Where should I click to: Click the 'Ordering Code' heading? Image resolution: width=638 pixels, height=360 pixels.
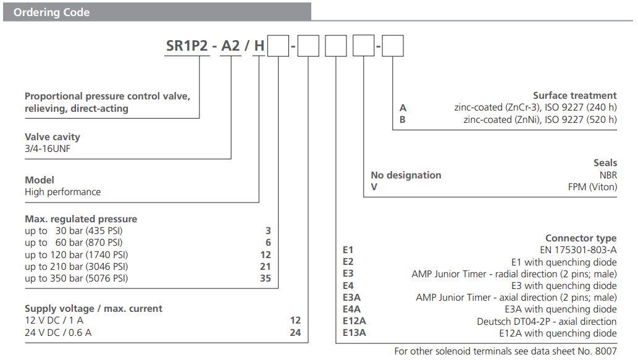click(x=51, y=12)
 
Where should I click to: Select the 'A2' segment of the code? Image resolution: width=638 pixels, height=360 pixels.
click(x=231, y=46)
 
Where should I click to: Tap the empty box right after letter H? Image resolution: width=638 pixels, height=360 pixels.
click(x=279, y=46)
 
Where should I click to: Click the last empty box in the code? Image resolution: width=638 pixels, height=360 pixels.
click(x=393, y=46)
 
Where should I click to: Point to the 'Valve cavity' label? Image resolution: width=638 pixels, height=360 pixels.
click(x=52, y=136)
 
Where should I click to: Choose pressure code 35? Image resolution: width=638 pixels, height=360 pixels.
click(x=266, y=278)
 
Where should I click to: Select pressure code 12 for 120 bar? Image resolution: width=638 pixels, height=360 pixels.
click(x=266, y=254)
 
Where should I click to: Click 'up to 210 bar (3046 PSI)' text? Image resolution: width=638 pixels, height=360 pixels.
click(x=77, y=267)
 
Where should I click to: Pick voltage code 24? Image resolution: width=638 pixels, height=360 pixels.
click(x=295, y=332)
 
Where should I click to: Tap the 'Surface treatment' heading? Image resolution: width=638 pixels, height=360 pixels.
click(x=574, y=96)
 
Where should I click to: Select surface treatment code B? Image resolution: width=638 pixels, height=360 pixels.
click(x=403, y=120)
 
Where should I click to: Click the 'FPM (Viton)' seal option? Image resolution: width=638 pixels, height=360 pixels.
click(x=592, y=187)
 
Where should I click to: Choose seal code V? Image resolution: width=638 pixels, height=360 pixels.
click(x=374, y=187)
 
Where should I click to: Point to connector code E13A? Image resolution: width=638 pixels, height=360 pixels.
click(x=355, y=333)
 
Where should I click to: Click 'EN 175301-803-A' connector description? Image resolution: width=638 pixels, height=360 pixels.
click(x=578, y=250)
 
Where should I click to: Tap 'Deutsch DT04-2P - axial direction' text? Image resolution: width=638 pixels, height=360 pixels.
click(x=547, y=321)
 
